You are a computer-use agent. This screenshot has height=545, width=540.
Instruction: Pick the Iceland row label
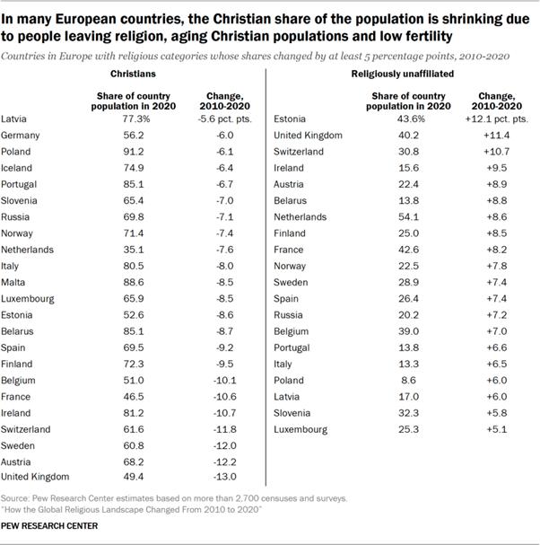(17, 167)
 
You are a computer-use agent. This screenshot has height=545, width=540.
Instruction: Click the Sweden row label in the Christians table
(19, 444)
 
